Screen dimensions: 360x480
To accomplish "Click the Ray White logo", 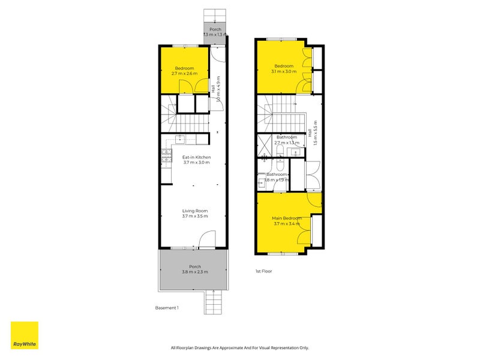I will pyautogui.click(x=25, y=335).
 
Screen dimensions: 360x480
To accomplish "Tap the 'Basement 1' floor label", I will pyautogui.click(x=166, y=308).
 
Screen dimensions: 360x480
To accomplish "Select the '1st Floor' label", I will pyautogui.click(x=263, y=271).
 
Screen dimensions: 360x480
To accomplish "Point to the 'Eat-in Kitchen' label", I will pyautogui.click(x=196, y=157).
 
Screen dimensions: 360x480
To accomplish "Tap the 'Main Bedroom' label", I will pyautogui.click(x=286, y=218).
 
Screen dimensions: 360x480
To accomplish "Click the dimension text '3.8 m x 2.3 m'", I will pyautogui.click(x=195, y=272).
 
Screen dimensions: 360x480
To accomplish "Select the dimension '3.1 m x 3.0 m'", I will pyautogui.click(x=284, y=71).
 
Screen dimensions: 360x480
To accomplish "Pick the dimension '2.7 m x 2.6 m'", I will pyautogui.click(x=185, y=74).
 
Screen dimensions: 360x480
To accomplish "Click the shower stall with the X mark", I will pyautogui.click(x=265, y=144).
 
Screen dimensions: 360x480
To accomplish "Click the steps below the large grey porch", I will pyautogui.click(x=213, y=299).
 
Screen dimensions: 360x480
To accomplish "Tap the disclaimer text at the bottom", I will pyautogui.click(x=240, y=347).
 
